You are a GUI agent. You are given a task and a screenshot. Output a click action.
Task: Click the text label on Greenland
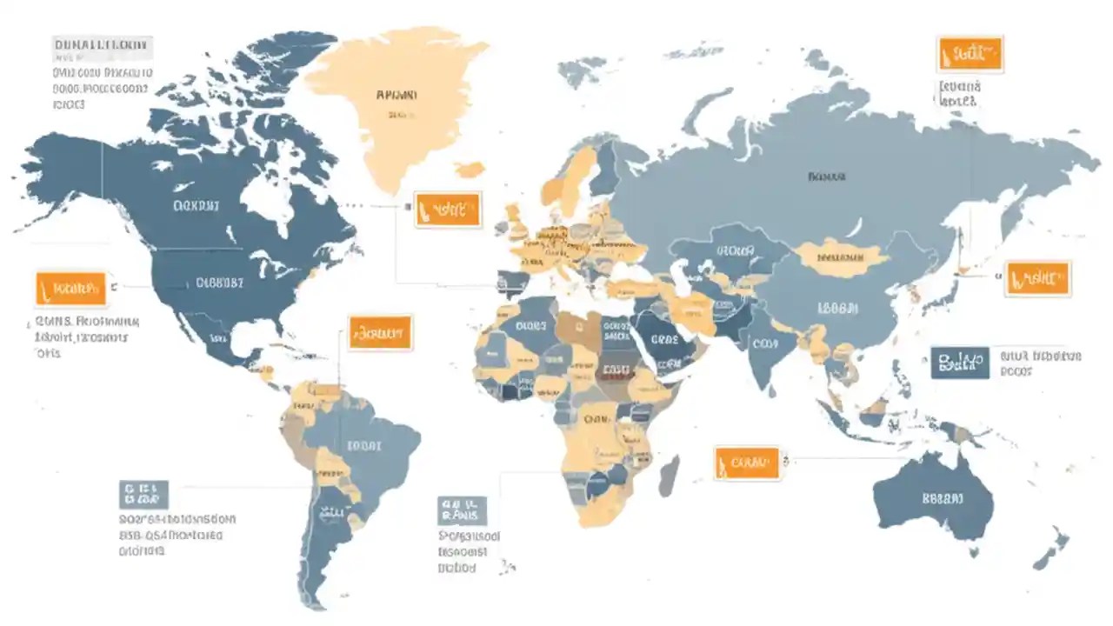pos(397,94)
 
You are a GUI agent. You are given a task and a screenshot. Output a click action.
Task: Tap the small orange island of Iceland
pos(470,170)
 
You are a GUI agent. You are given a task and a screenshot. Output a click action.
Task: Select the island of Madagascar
pos(668,476)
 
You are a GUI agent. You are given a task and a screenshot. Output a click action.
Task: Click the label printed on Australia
pos(942,499)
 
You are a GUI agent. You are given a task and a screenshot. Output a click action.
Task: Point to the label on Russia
pos(825,176)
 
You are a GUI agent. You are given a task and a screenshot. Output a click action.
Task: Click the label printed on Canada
pos(197,206)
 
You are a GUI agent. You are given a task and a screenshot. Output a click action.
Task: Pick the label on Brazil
pos(363,446)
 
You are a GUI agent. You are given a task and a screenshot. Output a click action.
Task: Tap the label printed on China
pos(836,308)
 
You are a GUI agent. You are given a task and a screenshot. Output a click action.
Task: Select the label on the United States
pos(219,282)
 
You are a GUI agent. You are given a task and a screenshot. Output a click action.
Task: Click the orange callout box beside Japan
pos(1038,279)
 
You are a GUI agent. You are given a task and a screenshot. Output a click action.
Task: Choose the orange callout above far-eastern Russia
pos(970,55)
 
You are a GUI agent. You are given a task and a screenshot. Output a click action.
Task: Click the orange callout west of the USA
pos(70,289)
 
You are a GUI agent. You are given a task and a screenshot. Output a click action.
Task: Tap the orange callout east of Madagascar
pos(746,464)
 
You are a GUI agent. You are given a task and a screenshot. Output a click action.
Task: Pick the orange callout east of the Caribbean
pos(380,333)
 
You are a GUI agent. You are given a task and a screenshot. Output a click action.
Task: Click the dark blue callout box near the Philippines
pos(959,363)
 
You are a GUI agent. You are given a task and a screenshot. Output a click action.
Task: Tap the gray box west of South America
pos(143,494)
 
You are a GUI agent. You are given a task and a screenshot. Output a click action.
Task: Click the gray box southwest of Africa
pos(463,510)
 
